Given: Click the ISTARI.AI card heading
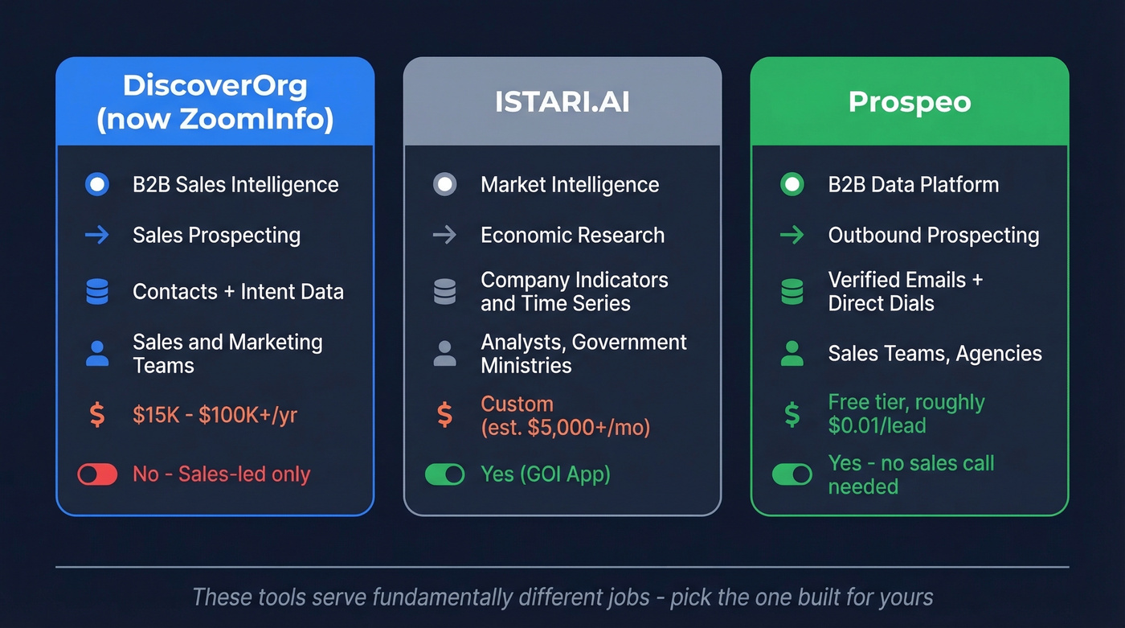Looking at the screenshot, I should tap(562, 102).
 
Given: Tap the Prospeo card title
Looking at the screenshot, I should tap(909, 102).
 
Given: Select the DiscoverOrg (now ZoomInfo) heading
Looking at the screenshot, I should tap(215, 102).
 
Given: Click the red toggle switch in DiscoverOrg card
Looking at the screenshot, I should tap(97, 474).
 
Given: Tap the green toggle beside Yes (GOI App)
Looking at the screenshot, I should tap(444, 474).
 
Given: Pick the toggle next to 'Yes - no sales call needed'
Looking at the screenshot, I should tap(792, 474).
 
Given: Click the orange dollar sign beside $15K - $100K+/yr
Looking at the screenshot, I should tap(97, 415).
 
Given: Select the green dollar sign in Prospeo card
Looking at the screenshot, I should tap(792, 415).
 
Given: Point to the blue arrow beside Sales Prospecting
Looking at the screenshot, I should tap(97, 235).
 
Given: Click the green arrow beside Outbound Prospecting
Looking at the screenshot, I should tap(792, 235).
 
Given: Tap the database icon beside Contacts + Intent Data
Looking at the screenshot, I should tap(97, 291).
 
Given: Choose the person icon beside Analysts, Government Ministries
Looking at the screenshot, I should tap(444, 354).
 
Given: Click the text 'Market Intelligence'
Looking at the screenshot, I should tap(569, 184).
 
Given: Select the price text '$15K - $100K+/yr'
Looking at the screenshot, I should tap(215, 415).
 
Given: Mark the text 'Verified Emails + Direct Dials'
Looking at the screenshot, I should tap(905, 292).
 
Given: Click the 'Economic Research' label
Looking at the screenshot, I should tap(572, 235).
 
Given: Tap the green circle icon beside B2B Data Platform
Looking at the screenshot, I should tap(792, 184).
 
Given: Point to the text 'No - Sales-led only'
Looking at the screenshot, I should tap(221, 474).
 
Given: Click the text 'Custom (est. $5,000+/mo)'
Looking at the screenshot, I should tap(565, 415).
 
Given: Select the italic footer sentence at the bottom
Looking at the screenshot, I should tap(562, 597).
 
